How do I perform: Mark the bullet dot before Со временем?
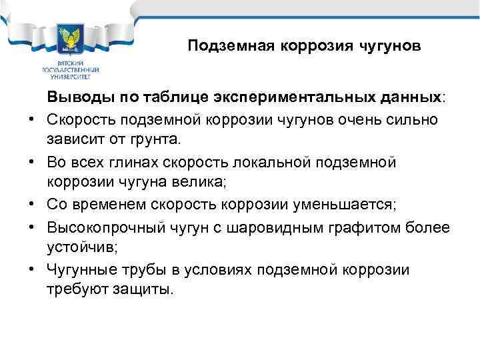coord(31,205)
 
